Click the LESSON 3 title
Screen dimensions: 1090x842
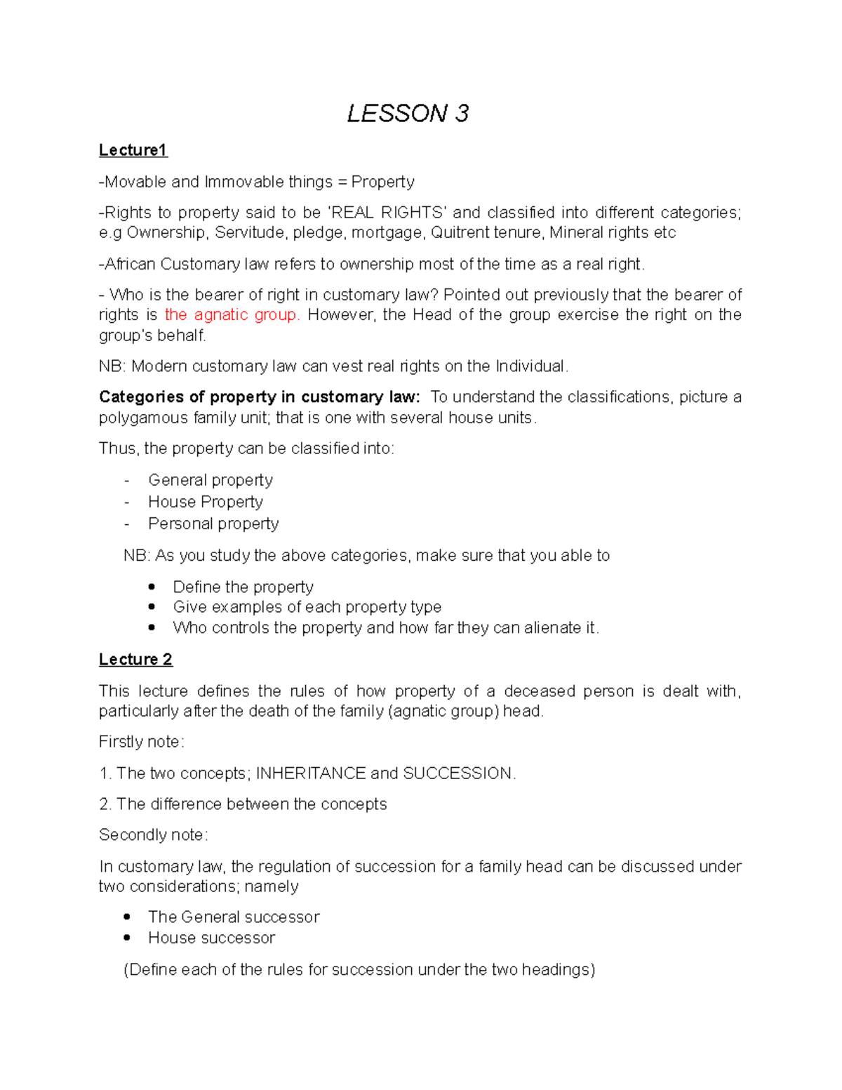[x=408, y=113]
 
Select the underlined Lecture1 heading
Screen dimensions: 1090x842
[x=133, y=150]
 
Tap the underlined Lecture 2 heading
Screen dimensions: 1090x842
[x=135, y=659]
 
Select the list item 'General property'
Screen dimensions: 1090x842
[x=210, y=480]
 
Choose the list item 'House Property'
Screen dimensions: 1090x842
[x=206, y=502]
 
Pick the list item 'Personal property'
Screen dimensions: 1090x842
[x=213, y=524]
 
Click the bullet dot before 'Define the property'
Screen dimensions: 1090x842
[x=152, y=587]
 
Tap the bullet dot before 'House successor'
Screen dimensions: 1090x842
[x=127, y=938]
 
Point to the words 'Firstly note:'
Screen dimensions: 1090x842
[x=141, y=742]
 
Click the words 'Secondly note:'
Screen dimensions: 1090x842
[x=153, y=835]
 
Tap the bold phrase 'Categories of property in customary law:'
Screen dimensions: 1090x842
[x=260, y=397]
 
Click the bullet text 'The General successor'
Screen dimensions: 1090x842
[x=234, y=917]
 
